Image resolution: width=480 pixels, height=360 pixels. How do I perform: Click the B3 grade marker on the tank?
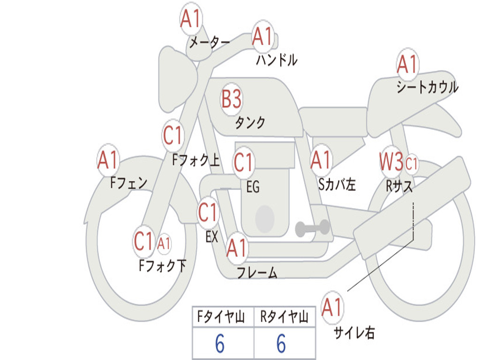point(231,99)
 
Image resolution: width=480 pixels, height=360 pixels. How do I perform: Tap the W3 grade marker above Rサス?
point(391,161)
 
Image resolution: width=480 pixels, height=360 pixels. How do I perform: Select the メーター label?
point(210,42)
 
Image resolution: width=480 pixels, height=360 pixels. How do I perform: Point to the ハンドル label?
point(277,60)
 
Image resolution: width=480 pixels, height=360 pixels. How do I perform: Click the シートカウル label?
point(427,87)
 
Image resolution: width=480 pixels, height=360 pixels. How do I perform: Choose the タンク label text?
point(250,122)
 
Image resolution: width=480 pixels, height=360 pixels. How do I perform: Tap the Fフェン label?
point(128,183)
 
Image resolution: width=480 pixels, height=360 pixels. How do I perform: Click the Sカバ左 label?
point(337,184)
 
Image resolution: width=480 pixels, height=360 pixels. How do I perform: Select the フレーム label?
point(257,272)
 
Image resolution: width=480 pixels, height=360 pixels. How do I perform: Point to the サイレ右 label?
point(354,332)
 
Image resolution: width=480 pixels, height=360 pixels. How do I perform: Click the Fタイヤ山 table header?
point(221,316)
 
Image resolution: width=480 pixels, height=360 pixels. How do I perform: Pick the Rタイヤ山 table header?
point(284,316)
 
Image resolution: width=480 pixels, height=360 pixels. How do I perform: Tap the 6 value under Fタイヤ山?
point(220,344)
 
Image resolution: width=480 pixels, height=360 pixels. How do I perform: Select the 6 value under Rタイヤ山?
point(281,344)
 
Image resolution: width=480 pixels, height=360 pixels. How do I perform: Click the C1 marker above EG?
point(244,162)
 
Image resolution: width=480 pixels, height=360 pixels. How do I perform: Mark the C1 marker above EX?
point(208,212)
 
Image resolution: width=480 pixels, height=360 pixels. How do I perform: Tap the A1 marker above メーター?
point(190,19)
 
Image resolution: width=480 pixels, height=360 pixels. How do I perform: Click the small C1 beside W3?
point(411,164)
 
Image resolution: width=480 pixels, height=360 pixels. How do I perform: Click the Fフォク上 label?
point(196,159)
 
